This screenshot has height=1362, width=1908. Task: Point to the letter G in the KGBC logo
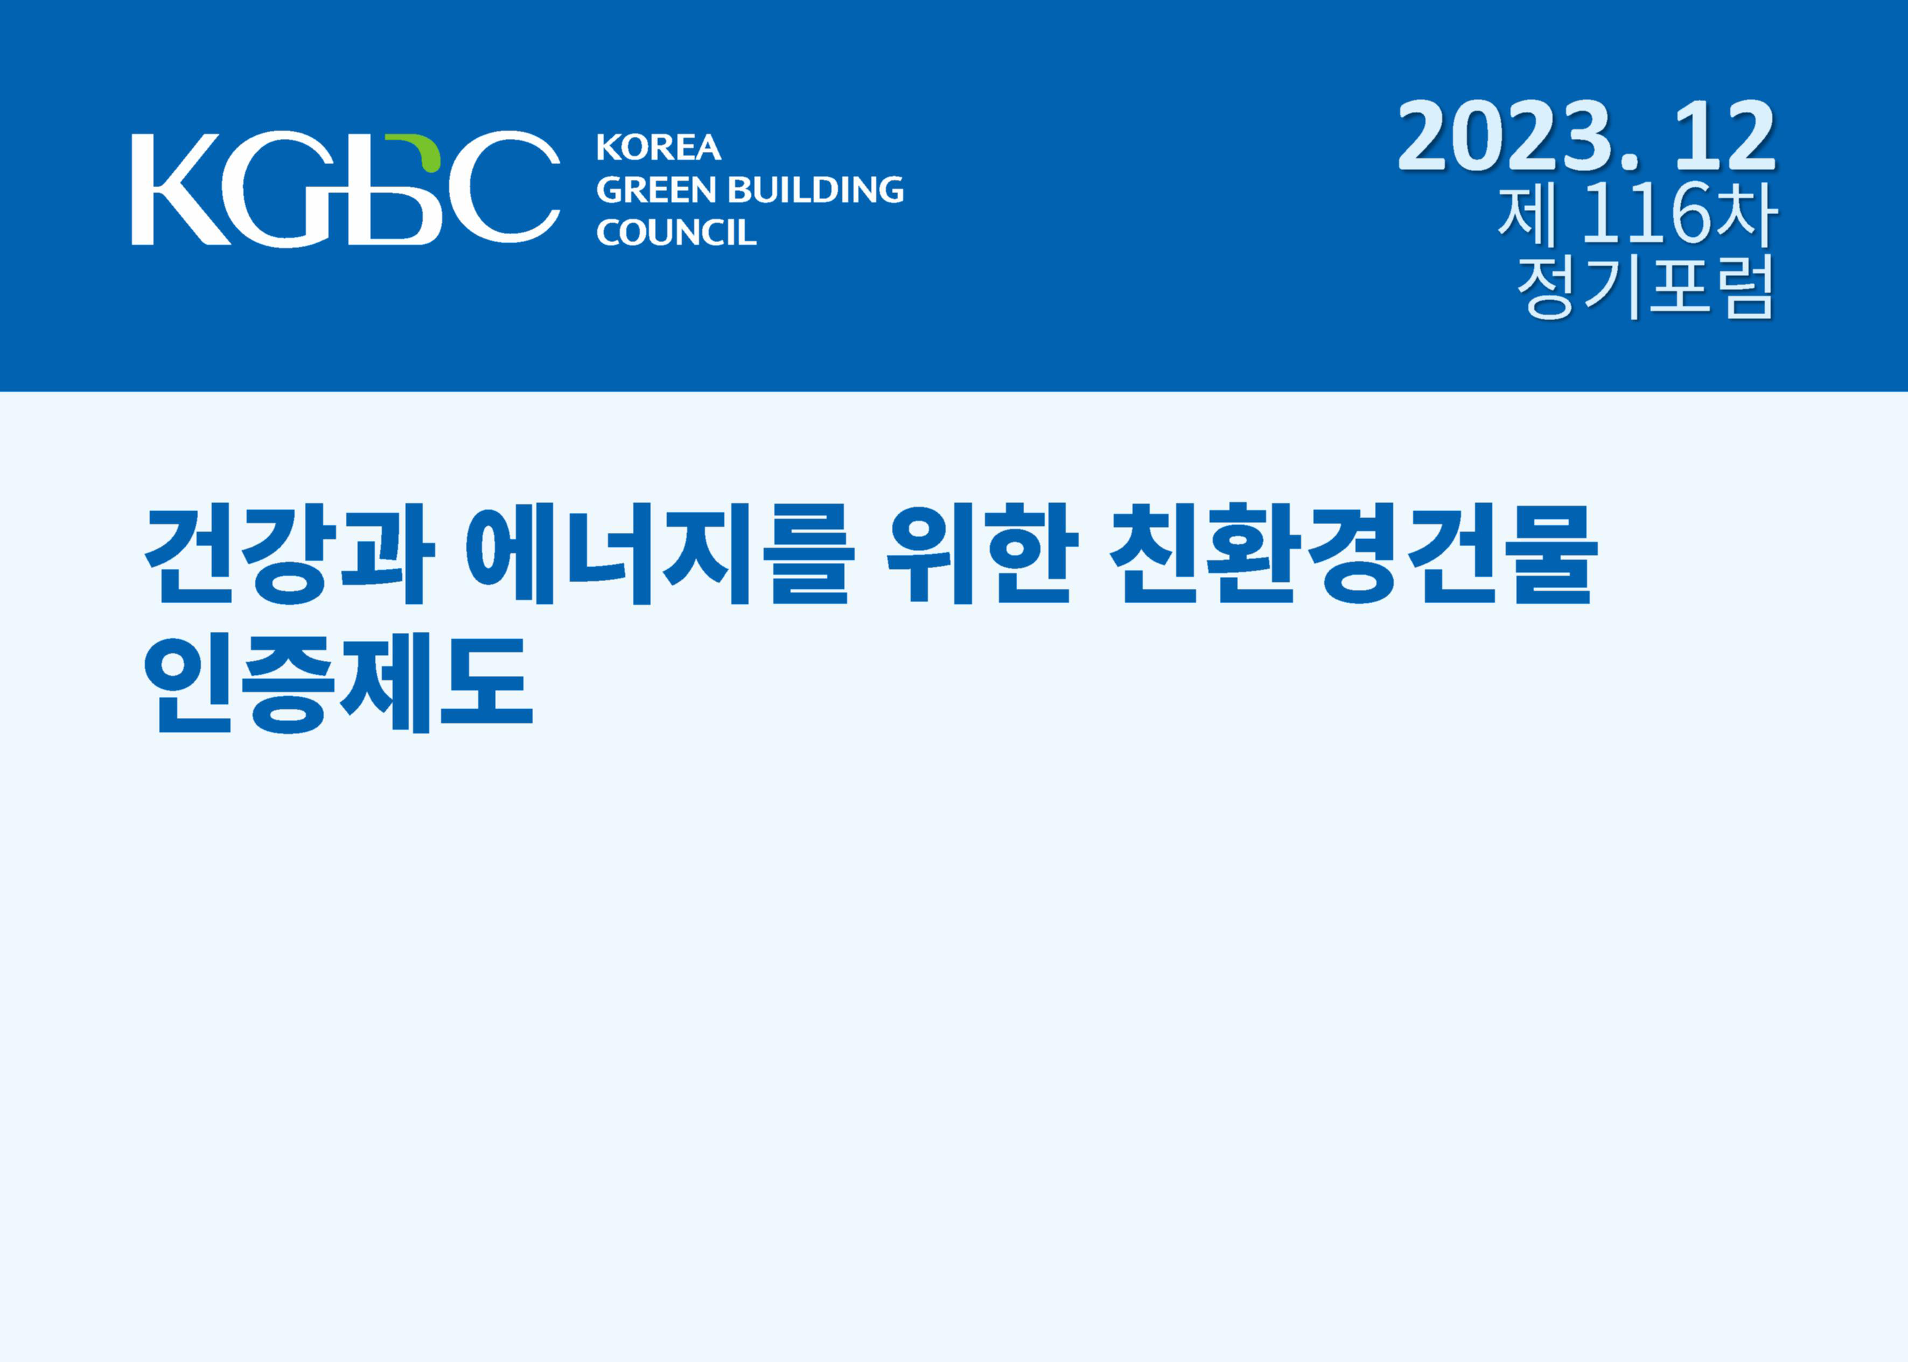tap(281, 189)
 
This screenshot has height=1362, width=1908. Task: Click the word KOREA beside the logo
tap(659, 147)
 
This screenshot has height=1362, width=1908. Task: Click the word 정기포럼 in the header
tap(1646, 285)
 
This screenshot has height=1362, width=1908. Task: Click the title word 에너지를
tap(658, 554)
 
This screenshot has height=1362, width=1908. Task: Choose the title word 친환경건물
tap(1353, 554)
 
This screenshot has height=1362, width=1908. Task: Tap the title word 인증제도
tap(339, 683)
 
